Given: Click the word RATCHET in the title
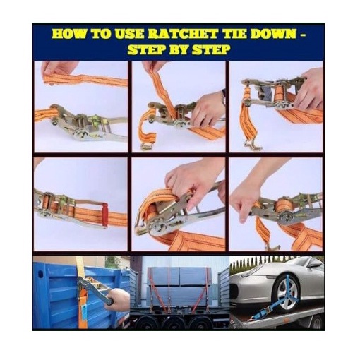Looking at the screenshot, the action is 182,35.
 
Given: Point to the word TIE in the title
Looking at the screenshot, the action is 234,35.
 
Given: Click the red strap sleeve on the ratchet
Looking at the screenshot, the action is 104,215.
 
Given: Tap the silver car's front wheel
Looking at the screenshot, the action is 286,295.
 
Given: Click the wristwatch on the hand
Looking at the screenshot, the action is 223,97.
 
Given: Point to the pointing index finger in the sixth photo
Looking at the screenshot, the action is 242,212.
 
